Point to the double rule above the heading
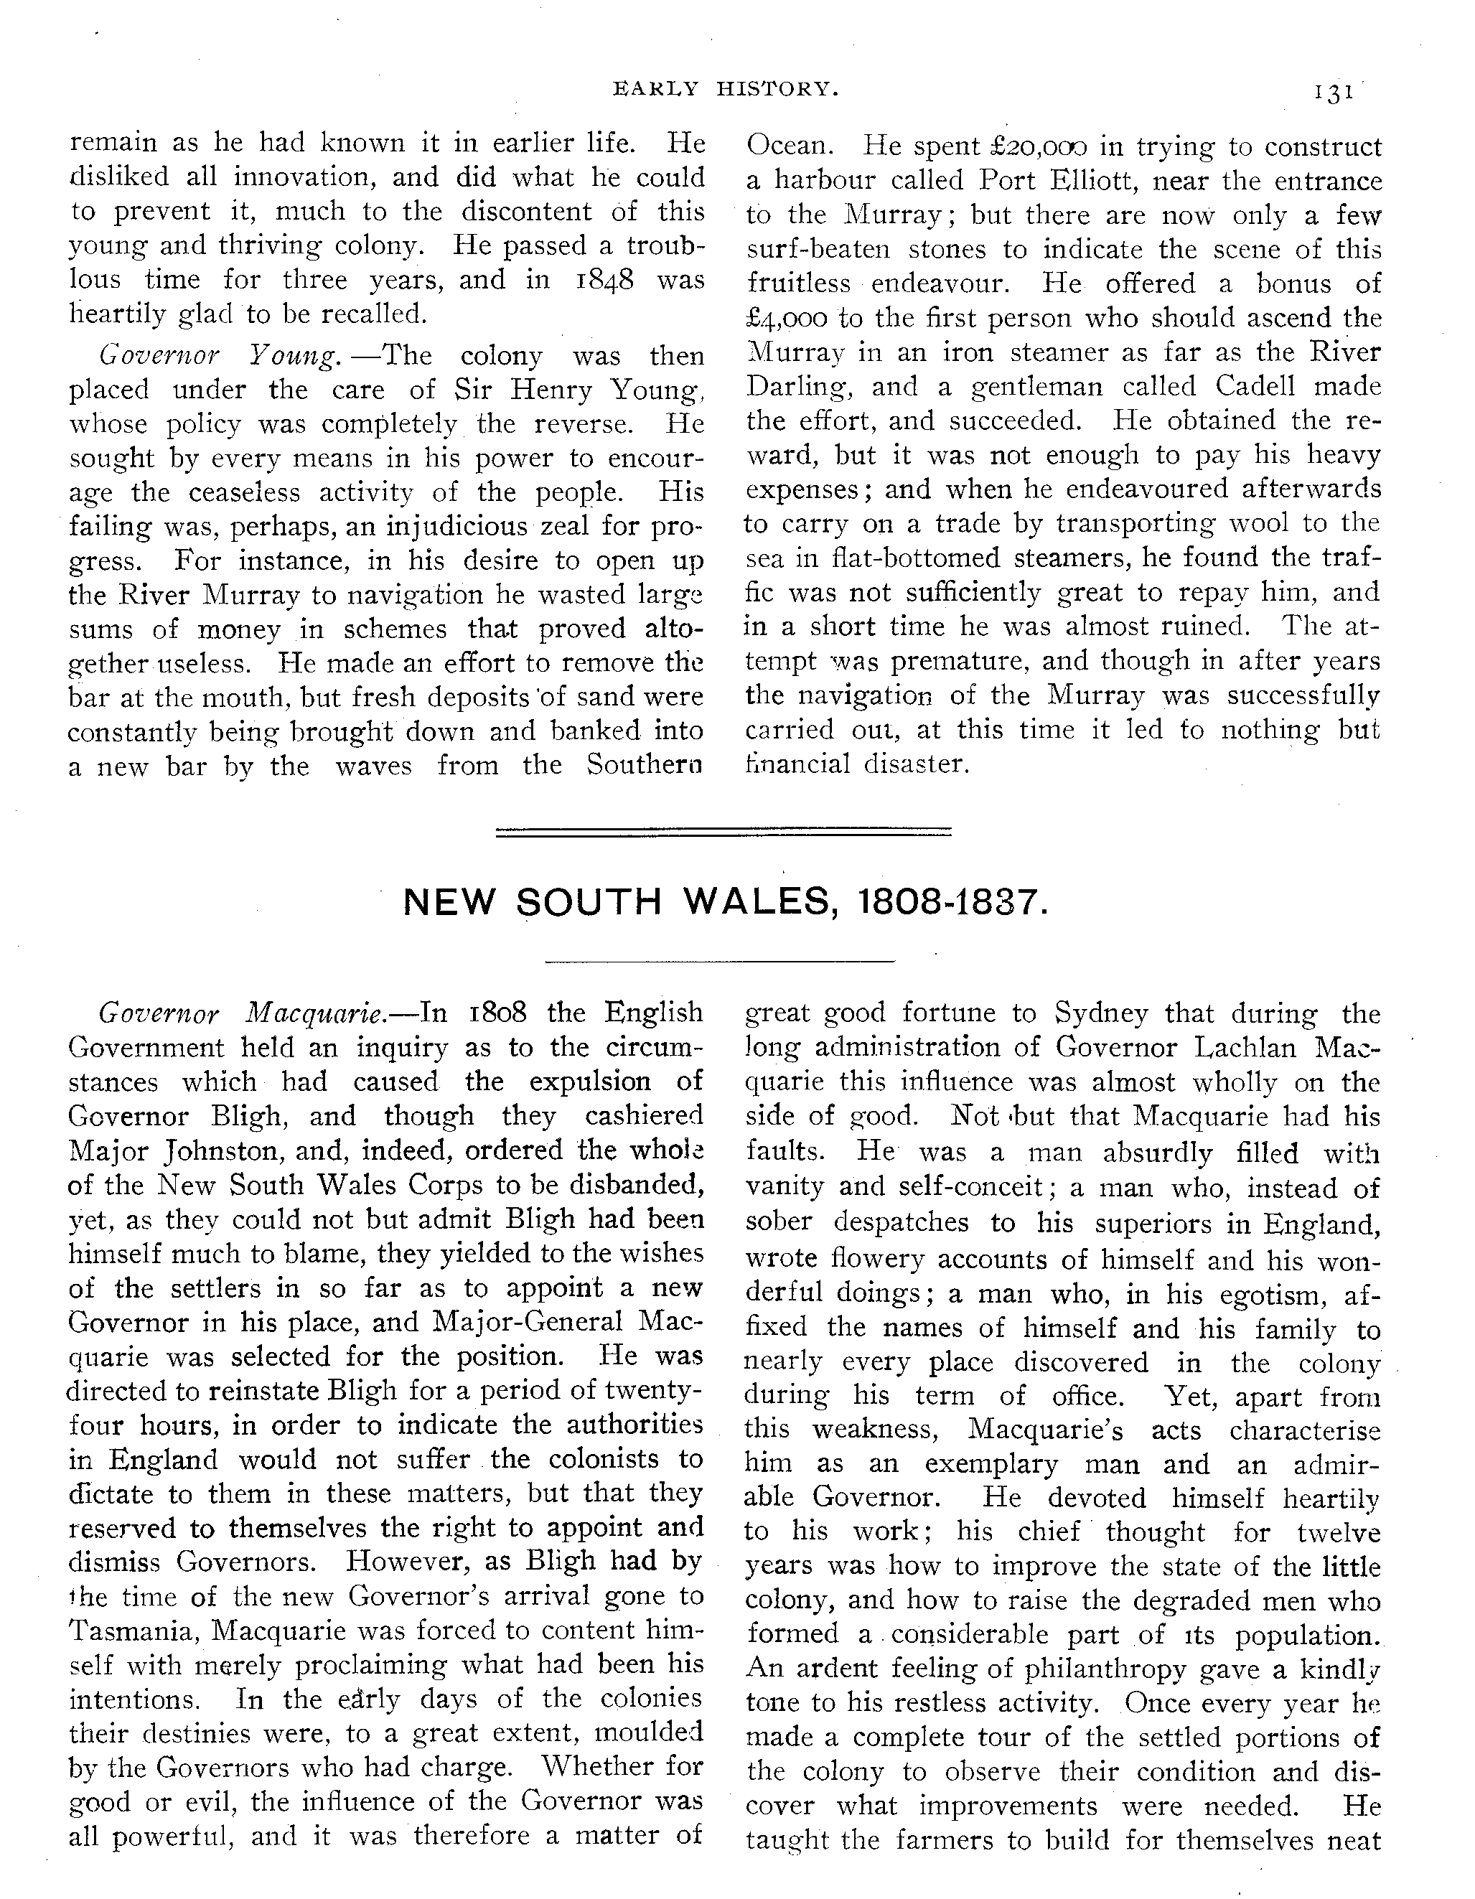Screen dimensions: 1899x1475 pos(723,831)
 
